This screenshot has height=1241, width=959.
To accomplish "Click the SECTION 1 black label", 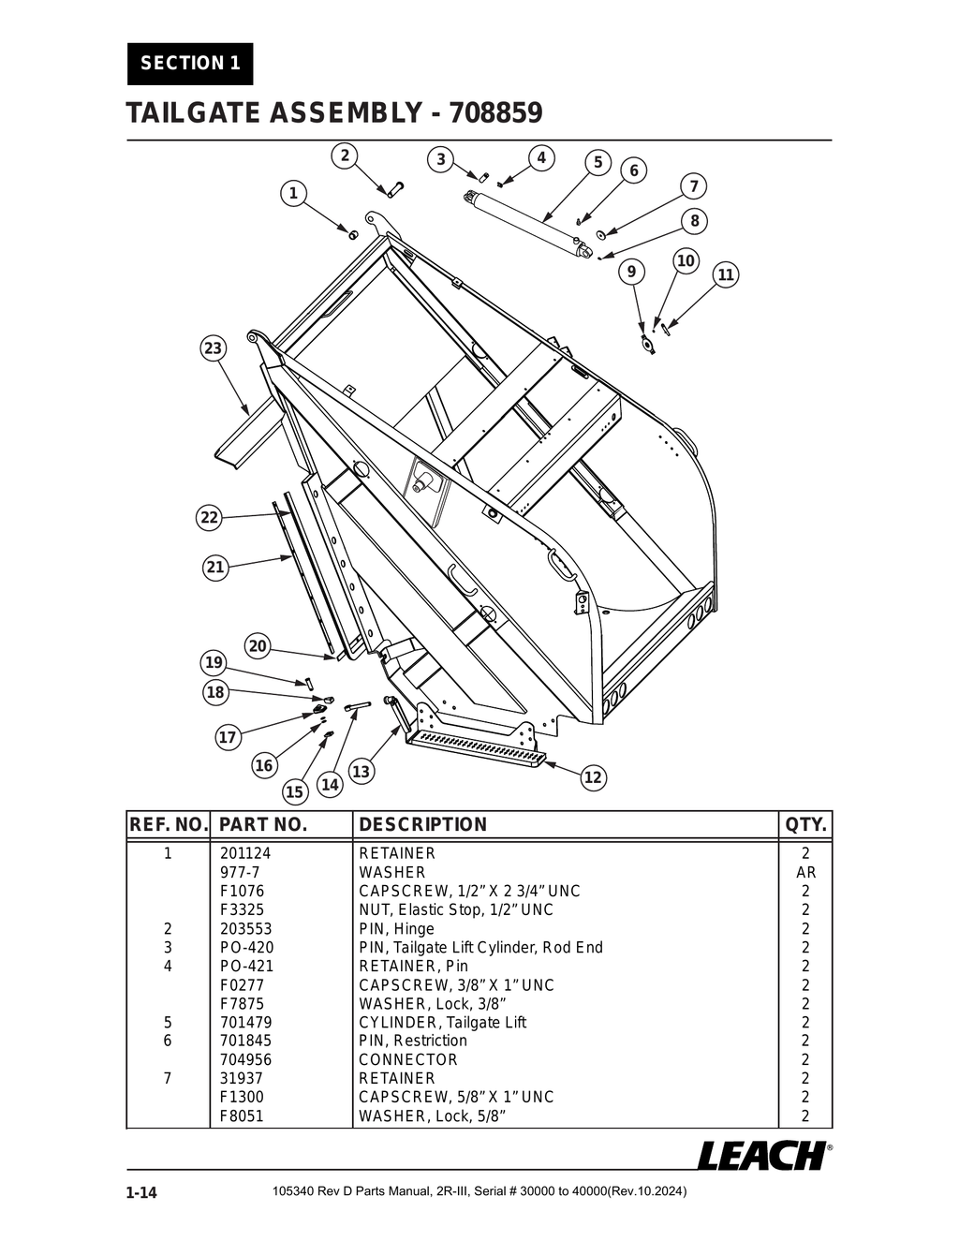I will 190,64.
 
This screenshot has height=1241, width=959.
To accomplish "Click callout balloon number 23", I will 214,349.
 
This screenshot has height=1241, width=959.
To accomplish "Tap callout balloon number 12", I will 593,777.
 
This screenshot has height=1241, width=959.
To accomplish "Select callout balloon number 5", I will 598,162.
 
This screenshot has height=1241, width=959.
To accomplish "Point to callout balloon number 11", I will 726,275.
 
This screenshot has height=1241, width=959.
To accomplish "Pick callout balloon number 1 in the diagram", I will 293,194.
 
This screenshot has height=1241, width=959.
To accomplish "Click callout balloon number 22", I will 209,518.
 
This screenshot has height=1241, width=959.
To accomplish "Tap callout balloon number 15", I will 295,792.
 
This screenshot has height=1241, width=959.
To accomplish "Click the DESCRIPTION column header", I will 423,825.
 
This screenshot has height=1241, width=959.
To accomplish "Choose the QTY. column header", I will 805,825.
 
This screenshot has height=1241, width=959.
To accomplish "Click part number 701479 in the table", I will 245,1023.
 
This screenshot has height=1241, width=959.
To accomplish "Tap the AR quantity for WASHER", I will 805,873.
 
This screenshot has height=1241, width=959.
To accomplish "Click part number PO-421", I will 246,967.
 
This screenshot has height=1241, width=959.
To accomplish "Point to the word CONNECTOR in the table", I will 408,1060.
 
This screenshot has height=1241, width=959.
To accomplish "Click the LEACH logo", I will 762,1156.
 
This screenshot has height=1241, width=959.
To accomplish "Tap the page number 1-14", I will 141,1192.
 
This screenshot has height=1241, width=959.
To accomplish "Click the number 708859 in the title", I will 496,114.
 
